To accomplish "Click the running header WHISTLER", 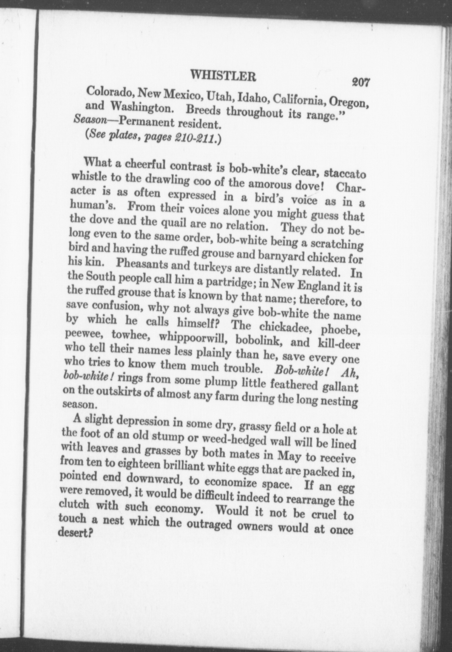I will click(x=223, y=77).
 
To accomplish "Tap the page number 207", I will click(x=361, y=82).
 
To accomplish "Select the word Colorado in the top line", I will click(x=109, y=92).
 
